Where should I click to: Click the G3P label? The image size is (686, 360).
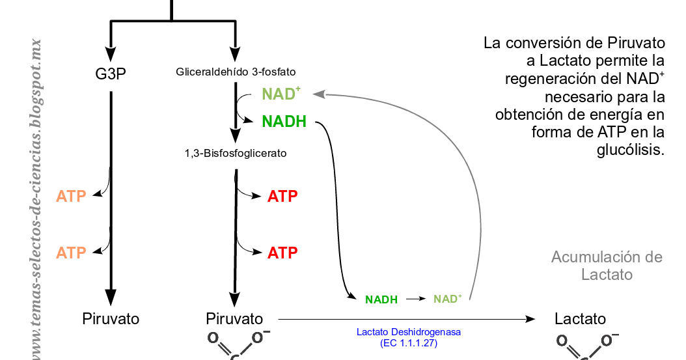111,73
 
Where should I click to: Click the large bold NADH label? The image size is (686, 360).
284,122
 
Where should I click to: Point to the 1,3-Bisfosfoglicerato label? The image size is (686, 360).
236,154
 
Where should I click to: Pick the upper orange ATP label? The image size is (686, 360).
71,196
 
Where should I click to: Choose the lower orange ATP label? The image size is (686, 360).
71,253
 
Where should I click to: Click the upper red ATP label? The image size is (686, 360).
282,196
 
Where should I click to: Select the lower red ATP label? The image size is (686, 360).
282,253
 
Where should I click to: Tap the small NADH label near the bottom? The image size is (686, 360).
381,299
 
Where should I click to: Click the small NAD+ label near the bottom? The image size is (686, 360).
448,299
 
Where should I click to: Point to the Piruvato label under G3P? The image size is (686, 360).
111,319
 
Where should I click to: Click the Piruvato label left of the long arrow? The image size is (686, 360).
234,319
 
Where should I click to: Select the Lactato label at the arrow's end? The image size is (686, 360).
580,319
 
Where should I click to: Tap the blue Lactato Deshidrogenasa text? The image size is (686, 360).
409,332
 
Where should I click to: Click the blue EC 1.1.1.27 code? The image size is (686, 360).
409,342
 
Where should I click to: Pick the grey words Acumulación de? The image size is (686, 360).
607,256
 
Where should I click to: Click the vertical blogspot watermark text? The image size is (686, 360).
37,195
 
